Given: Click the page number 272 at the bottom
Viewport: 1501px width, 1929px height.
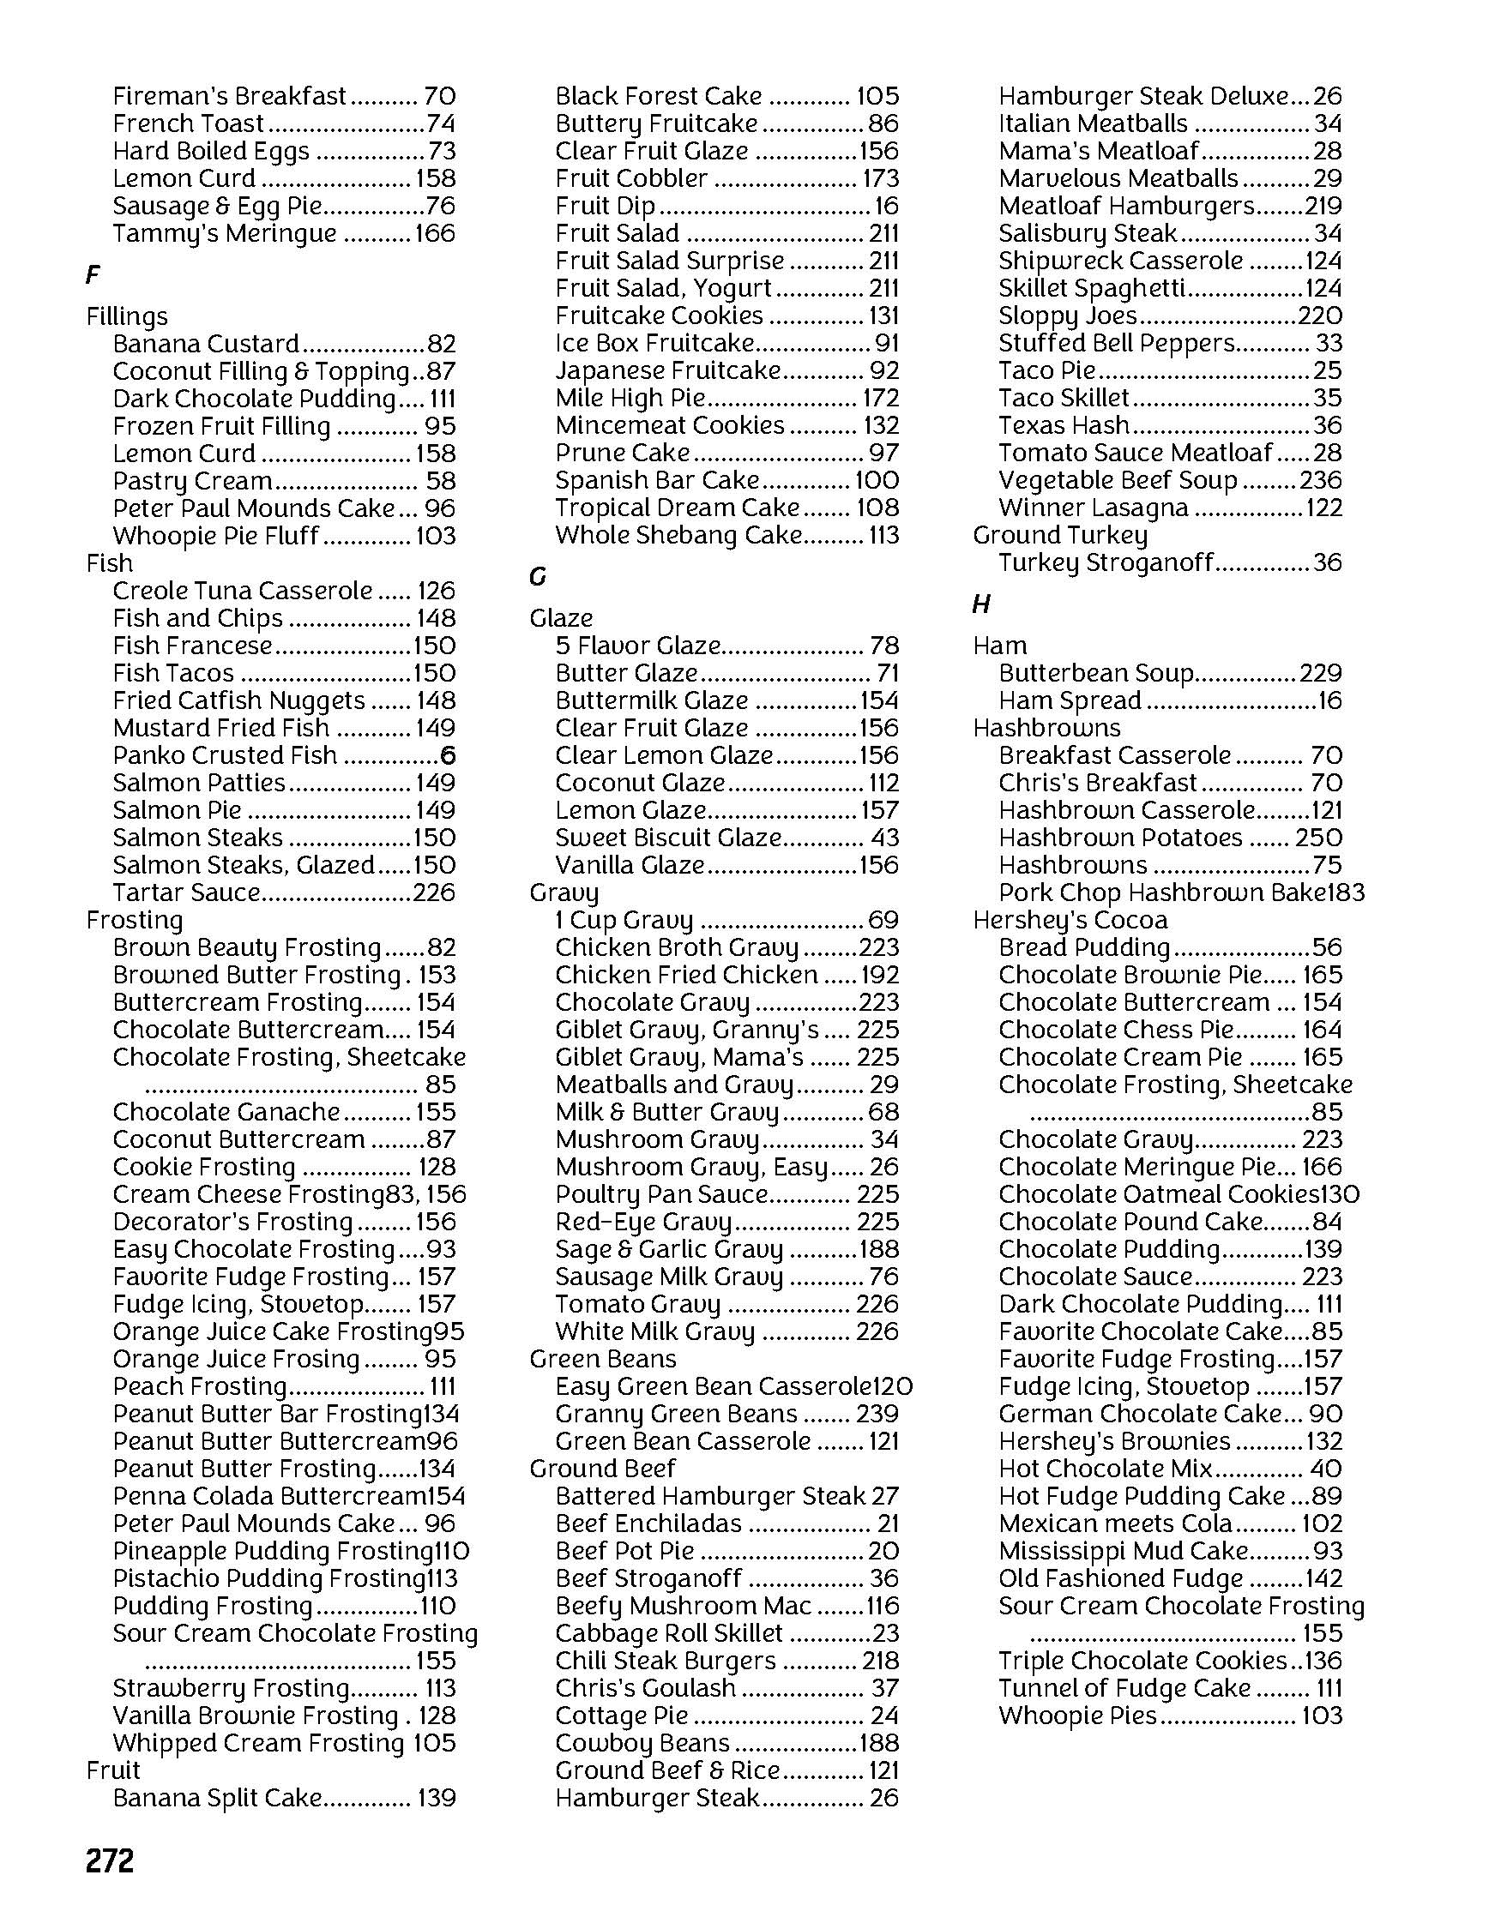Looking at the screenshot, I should [110, 1861].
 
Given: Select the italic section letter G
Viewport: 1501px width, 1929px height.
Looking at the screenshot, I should [537, 577].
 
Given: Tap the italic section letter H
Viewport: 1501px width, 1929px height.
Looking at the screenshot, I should [980, 604].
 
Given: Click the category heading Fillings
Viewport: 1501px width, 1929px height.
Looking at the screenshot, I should [126, 316].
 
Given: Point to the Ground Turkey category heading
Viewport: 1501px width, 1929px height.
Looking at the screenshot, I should [1059, 535].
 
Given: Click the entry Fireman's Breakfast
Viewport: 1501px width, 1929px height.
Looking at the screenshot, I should [230, 95].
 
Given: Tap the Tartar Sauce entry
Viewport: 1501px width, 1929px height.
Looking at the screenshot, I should [186, 892].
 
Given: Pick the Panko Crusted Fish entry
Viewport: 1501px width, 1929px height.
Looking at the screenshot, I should [225, 755].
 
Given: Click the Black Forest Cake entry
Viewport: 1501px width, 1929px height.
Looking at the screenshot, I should [658, 95].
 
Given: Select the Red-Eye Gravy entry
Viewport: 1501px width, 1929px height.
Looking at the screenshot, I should [643, 1222].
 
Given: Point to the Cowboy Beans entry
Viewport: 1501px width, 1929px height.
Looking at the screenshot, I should [642, 1743].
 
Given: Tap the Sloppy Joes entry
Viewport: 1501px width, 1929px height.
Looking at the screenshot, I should [1068, 315].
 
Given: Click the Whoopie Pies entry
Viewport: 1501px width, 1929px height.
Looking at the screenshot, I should [1077, 1716].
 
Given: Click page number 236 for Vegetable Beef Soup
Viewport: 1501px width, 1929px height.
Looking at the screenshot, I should [1321, 480].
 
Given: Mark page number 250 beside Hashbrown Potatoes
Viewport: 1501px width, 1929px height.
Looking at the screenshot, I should [1318, 838].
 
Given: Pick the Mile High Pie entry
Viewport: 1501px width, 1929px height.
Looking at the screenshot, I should [630, 399].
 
